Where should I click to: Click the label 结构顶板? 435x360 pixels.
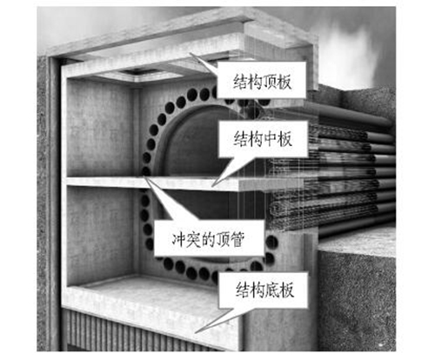coord(262,82)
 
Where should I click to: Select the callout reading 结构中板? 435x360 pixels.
coord(263,139)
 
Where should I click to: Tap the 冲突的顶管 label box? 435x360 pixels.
coord(209,239)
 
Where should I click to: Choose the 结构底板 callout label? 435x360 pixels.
coord(264,290)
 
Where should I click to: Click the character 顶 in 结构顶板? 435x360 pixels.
coord(270,82)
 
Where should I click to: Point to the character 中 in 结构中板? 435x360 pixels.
coord(270,139)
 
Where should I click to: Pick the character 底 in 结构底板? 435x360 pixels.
coord(272,290)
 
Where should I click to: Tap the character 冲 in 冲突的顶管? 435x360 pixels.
coord(179,239)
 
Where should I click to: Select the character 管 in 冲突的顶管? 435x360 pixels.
coord(237,239)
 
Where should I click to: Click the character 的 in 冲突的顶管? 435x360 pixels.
coord(208,239)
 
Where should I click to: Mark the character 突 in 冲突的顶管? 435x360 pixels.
coord(193,239)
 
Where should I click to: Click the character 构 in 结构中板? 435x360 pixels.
coord(256,139)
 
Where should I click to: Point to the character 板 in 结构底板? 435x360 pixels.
coord(286,290)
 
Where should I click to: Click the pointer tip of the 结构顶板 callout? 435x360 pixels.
coord(191,53)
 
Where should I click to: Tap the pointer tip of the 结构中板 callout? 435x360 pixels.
coord(212,186)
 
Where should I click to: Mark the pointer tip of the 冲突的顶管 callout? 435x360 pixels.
coord(144,176)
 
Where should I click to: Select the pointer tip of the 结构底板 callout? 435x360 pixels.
coord(195,333)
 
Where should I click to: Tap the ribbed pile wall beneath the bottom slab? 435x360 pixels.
coord(130,333)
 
